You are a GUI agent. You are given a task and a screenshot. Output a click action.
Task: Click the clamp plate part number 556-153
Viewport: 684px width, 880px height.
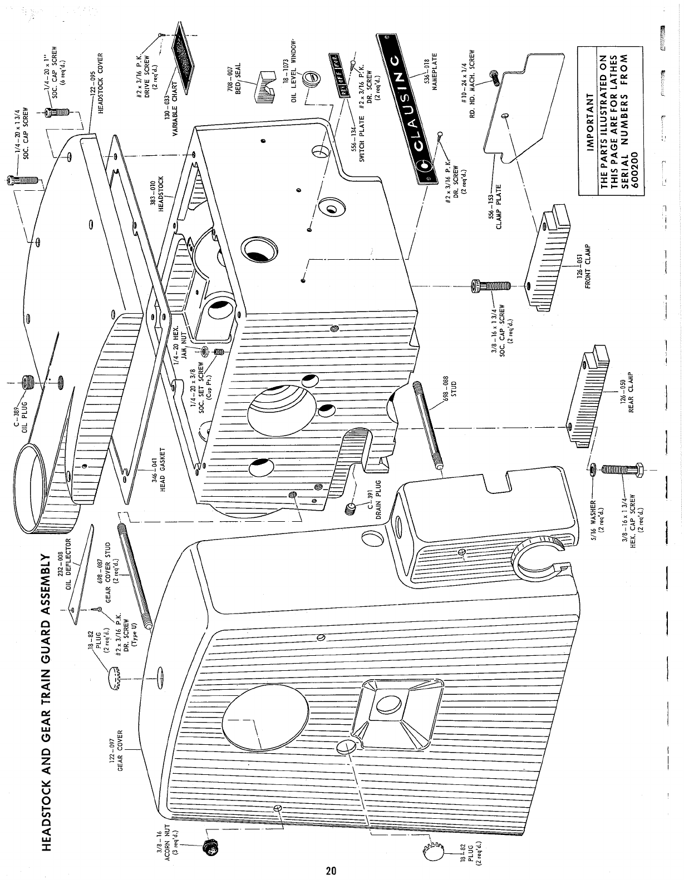pyautogui.click(x=492, y=209)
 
